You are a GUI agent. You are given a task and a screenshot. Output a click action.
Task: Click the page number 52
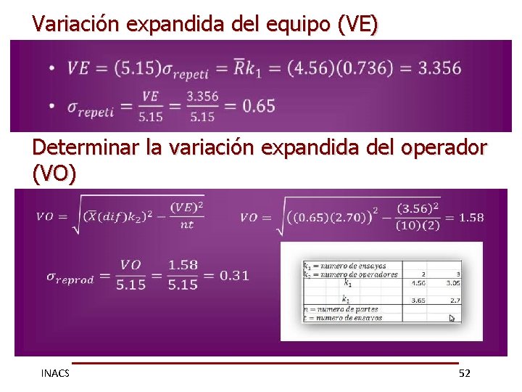[x=465, y=373]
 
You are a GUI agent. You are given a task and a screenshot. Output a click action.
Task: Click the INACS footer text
[x=55, y=373]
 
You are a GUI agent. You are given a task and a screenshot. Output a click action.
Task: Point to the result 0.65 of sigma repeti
[x=259, y=106]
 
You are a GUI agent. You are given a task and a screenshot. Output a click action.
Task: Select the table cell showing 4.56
[x=418, y=283]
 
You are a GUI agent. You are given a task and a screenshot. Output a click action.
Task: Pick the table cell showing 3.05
[x=454, y=283]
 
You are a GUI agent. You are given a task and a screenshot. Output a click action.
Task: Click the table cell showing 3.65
[x=418, y=299]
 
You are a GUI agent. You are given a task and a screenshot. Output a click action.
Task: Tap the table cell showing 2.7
[x=455, y=299]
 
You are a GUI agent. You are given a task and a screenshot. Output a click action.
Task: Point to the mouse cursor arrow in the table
[x=452, y=318]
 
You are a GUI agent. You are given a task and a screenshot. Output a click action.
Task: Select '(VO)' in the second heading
[x=54, y=174]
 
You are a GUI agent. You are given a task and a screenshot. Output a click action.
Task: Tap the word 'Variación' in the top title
[x=76, y=25]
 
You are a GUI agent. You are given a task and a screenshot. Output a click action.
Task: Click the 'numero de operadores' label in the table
[x=356, y=274]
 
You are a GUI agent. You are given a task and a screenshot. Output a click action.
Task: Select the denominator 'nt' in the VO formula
[x=187, y=224]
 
